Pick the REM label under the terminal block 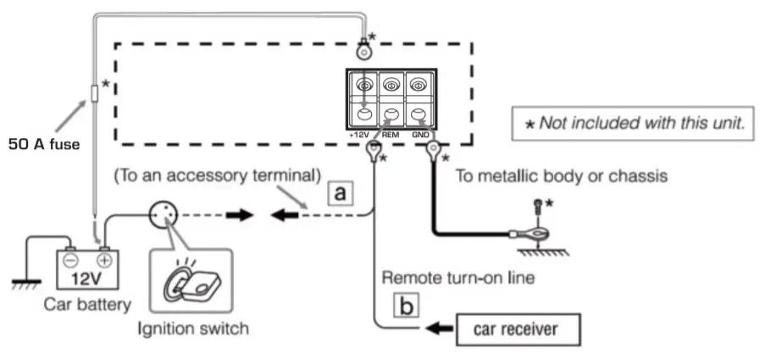[x=391, y=135]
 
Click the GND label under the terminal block [x=421, y=135]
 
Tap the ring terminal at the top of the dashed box [x=364, y=52]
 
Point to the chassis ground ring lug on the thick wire [x=517, y=235]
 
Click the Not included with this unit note [x=635, y=123]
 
